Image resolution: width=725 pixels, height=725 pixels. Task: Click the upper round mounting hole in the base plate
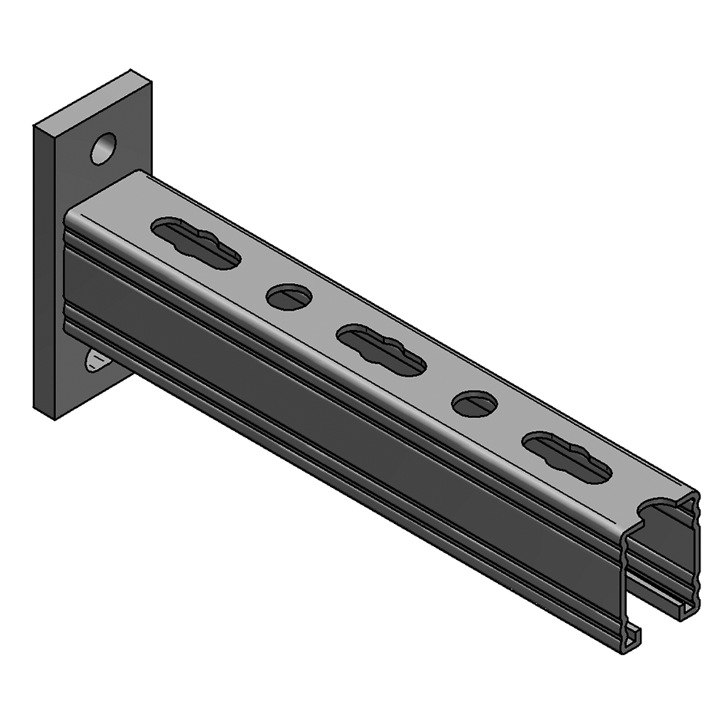pyautogui.click(x=103, y=148)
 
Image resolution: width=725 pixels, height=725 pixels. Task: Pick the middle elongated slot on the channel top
pyautogui.click(x=381, y=350)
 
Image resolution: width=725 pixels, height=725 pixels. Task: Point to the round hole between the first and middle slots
pyautogui.click(x=289, y=296)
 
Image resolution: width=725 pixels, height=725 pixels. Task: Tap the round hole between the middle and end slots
pyautogui.click(x=474, y=404)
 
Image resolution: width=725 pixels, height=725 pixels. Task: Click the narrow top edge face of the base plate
pyautogui.click(x=92, y=100)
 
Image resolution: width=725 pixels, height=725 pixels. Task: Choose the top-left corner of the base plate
pyautogui.click(x=35, y=127)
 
